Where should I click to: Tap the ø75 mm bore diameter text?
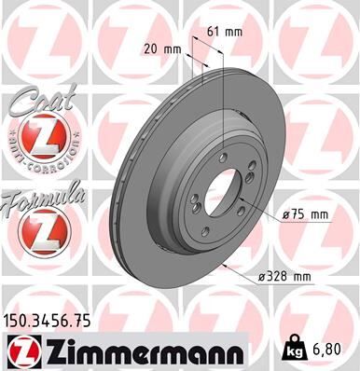(x=306, y=214)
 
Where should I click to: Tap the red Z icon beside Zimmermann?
(x=22, y=351)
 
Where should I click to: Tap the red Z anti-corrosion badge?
(x=36, y=140)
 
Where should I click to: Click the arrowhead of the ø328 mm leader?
(x=228, y=264)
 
